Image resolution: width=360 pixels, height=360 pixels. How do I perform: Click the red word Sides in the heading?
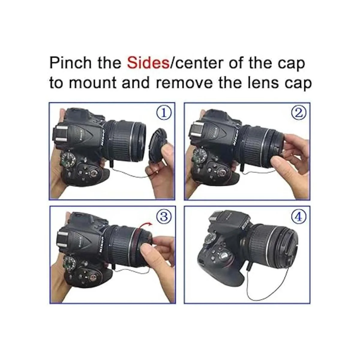[148, 63]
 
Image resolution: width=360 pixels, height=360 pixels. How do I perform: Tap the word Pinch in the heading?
[70, 63]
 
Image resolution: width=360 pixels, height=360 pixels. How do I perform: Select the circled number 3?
[164, 217]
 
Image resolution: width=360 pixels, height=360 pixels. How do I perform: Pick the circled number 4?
[299, 217]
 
